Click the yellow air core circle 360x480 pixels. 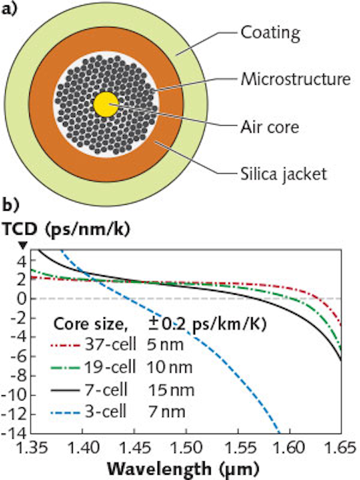point(106,104)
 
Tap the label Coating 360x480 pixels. point(270,32)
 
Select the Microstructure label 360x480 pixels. point(295,79)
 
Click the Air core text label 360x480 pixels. point(270,127)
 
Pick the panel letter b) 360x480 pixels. point(10,205)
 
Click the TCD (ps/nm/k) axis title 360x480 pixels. point(67,229)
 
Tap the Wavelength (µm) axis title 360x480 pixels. point(183,469)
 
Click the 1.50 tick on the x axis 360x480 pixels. point(186,448)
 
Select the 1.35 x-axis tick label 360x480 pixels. point(32,448)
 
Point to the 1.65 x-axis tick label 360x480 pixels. point(340,448)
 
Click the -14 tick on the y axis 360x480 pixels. point(15,433)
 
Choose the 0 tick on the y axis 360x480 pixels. point(22,298)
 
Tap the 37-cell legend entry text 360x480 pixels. point(110,345)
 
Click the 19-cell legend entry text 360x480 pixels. point(109,367)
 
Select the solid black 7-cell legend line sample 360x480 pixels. point(65,390)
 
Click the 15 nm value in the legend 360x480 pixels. point(171,390)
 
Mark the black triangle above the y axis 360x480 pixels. point(23,245)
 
